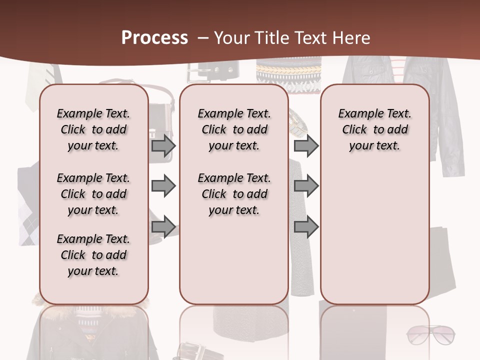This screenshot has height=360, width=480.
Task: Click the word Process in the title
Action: pyautogui.click(x=154, y=37)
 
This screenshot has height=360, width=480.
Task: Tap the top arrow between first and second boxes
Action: pyautogui.click(x=163, y=146)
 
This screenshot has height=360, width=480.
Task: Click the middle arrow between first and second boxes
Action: pyautogui.click(x=163, y=186)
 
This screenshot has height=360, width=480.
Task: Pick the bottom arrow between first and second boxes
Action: pyautogui.click(x=163, y=226)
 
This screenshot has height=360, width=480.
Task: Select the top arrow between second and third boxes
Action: pyautogui.click(x=306, y=146)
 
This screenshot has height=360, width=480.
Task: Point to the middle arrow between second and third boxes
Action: pyautogui.click(x=306, y=186)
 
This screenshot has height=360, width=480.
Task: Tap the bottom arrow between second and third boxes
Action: pyautogui.click(x=306, y=226)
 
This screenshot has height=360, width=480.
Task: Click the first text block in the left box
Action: pyautogui.click(x=93, y=129)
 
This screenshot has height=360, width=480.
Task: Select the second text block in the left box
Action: pyautogui.click(x=93, y=194)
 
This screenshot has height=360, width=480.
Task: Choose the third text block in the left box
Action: pyautogui.click(x=93, y=255)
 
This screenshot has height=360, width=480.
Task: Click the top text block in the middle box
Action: pyautogui.click(x=234, y=129)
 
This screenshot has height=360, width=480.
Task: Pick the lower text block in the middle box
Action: pyautogui.click(x=234, y=194)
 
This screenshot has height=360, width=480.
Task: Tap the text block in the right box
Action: pyautogui.click(x=374, y=129)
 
